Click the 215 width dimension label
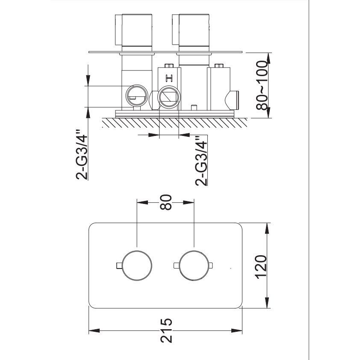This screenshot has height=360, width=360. click(166, 330)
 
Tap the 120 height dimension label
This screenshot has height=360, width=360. click(261, 267)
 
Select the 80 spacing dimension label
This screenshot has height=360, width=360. click(166, 202)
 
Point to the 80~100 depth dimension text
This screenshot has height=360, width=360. click(262, 85)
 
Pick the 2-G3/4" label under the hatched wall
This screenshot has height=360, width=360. click(201, 160)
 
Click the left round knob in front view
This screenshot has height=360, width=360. click(137, 266)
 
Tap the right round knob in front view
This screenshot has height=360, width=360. click(194, 266)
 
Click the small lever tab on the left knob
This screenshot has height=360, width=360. click(118, 266)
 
